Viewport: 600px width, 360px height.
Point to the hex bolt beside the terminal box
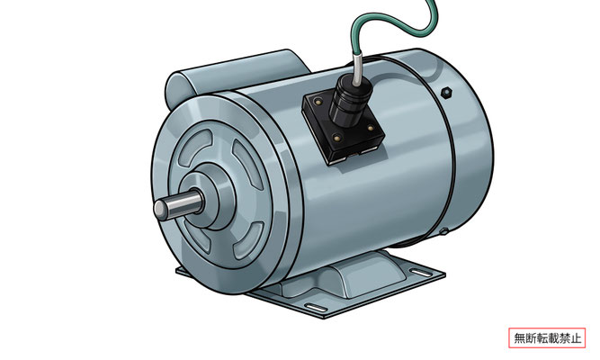coord(446,93)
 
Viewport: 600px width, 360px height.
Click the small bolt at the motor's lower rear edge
coord(443,231)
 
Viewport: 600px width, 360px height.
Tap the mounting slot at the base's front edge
coord(316,308)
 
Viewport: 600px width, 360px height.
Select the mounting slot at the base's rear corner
coord(420,273)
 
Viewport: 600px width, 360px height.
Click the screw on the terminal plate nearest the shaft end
coord(318,102)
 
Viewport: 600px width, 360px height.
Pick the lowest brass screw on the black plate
coord(336,137)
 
